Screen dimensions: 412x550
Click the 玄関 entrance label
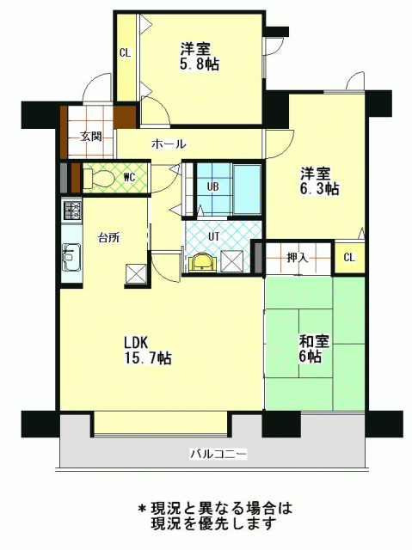(x=91, y=136)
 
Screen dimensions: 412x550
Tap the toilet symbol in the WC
(x=99, y=179)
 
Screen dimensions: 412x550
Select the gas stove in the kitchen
(x=72, y=210)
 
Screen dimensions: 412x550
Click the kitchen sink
(x=71, y=257)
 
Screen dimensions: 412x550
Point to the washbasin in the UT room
(x=202, y=262)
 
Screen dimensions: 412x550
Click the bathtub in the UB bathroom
(x=247, y=189)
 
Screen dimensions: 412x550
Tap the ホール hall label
(x=169, y=144)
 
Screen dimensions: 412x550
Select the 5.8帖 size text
(x=200, y=64)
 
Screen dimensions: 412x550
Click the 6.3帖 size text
(x=319, y=189)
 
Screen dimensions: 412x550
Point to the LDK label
(x=137, y=342)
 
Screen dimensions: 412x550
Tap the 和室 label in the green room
(x=314, y=341)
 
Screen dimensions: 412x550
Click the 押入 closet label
(x=298, y=258)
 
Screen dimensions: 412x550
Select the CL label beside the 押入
(x=349, y=258)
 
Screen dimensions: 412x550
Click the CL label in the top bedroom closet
(x=125, y=53)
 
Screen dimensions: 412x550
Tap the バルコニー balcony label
(x=218, y=455)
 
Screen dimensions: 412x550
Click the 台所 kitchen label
(x=108, y=238)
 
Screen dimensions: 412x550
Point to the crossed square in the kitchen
(x=136, y=273)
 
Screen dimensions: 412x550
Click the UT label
(x=213, y=236)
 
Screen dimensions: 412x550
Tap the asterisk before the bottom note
(x=142, y=508)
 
